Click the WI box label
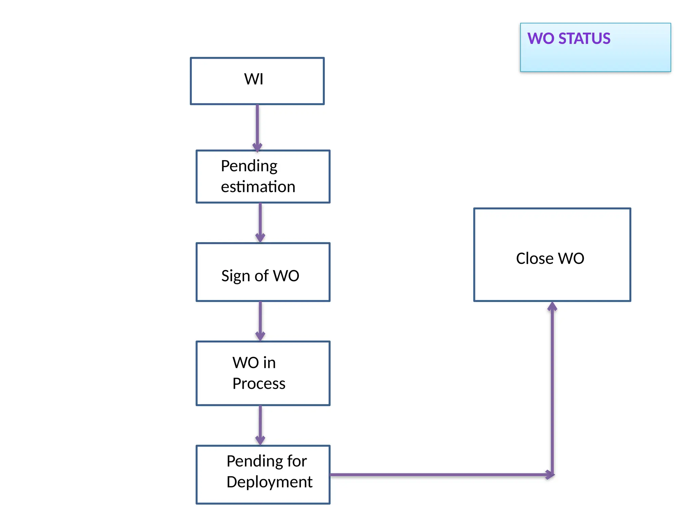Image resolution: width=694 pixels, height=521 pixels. [x=253, y=79]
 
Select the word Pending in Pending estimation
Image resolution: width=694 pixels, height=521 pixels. [x=249, y=166]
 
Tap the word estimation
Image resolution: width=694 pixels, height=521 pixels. [x=258, y=187]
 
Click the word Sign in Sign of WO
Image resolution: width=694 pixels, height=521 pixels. [x=236, y=276]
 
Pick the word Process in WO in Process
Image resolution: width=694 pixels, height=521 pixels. [x=259, y=384]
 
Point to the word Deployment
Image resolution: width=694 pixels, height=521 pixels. [x=269, y=482]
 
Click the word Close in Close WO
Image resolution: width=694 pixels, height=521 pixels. [x=534, y=258]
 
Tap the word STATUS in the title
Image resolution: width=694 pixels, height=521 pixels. [x=584, y=39]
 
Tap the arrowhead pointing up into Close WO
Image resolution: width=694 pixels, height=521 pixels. [x=552, y=307]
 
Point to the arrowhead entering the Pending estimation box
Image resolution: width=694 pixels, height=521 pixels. [x=257, y=148]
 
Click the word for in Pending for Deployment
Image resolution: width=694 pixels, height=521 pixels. [x=297, y=461]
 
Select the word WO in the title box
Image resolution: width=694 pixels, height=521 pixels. [x=541, y=39]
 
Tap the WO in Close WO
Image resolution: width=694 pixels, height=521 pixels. [x=571, y=258]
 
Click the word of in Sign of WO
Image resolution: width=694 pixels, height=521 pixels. [x=262, y=276]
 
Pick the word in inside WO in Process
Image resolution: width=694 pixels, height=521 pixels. [x=269, y=363]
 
